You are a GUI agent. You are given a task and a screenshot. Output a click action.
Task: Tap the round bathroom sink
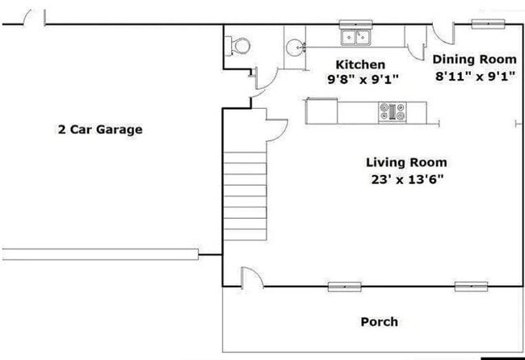[x=296, y=48]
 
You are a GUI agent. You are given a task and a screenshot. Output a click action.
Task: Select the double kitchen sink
[x=355, y=37]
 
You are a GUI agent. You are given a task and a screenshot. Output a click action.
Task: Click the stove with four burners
[x=392, y=111]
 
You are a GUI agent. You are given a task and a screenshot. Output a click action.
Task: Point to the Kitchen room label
[x=360, y=65]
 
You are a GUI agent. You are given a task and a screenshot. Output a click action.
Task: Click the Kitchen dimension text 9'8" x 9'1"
[x=363, y=80]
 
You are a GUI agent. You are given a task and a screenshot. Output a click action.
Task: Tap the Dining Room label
[x=474, y=59]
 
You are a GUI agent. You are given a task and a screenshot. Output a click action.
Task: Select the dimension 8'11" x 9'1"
[x=475, y=77]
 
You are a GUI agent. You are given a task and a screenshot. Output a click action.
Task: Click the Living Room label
[x=406, y=162]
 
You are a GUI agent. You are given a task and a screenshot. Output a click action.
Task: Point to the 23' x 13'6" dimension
[x=407, y=180]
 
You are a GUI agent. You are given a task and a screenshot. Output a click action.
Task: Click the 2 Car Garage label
[x=100, y=129]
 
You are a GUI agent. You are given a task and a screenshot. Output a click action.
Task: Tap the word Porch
[x=380, y=322]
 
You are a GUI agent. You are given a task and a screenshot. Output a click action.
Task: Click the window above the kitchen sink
[x=355, y=24]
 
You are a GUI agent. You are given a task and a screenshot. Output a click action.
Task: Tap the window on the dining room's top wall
[x=488, y=23]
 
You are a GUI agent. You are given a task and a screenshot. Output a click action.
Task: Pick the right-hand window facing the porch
[x=471, y=287]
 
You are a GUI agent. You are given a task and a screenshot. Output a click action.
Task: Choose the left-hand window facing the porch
[x=345, y=287]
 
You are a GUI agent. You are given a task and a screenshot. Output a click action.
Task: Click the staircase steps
[x=245, y=196]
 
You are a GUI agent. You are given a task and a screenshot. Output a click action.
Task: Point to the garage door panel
[x=100, y=254]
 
